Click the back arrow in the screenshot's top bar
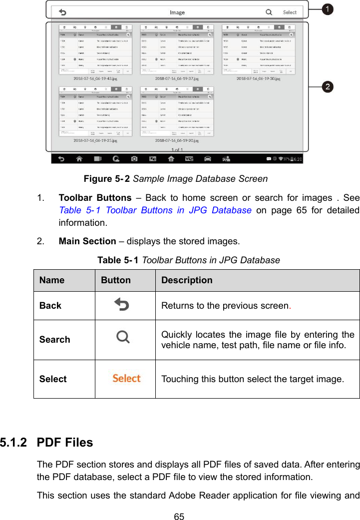[63, 12]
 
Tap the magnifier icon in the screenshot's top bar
[269, 12]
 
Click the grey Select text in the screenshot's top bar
[290, 12]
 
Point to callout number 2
[328, 87]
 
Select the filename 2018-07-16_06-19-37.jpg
[177, 78]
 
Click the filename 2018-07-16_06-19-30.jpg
[258, 78]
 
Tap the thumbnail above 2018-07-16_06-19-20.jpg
[177, 111]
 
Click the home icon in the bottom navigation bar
[79, 159]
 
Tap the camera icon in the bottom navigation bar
[134, 159]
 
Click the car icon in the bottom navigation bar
[208, 159]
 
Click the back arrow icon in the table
[121, 304]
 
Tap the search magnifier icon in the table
[123, 338]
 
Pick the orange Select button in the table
[126, 378]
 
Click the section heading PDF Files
[65, 443]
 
